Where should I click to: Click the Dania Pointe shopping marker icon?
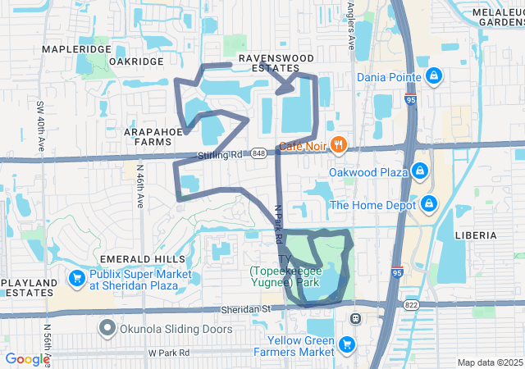tap(434, 77)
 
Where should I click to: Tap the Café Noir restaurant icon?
tap(339, 145)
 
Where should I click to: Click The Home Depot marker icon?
tap(429, 204)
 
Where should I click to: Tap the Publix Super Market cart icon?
tap(76, 279)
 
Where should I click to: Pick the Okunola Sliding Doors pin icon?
tap(107, 329)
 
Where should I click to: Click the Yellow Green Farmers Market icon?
tap(347, 344)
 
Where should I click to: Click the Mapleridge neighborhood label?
tap(76, 50)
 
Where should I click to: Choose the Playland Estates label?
tap(29, 288)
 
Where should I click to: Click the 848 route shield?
tap(259, 153)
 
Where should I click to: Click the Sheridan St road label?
tap(245, 309)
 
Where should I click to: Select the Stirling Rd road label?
tap(220, 155)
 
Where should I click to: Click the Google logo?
tap(27, 359)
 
